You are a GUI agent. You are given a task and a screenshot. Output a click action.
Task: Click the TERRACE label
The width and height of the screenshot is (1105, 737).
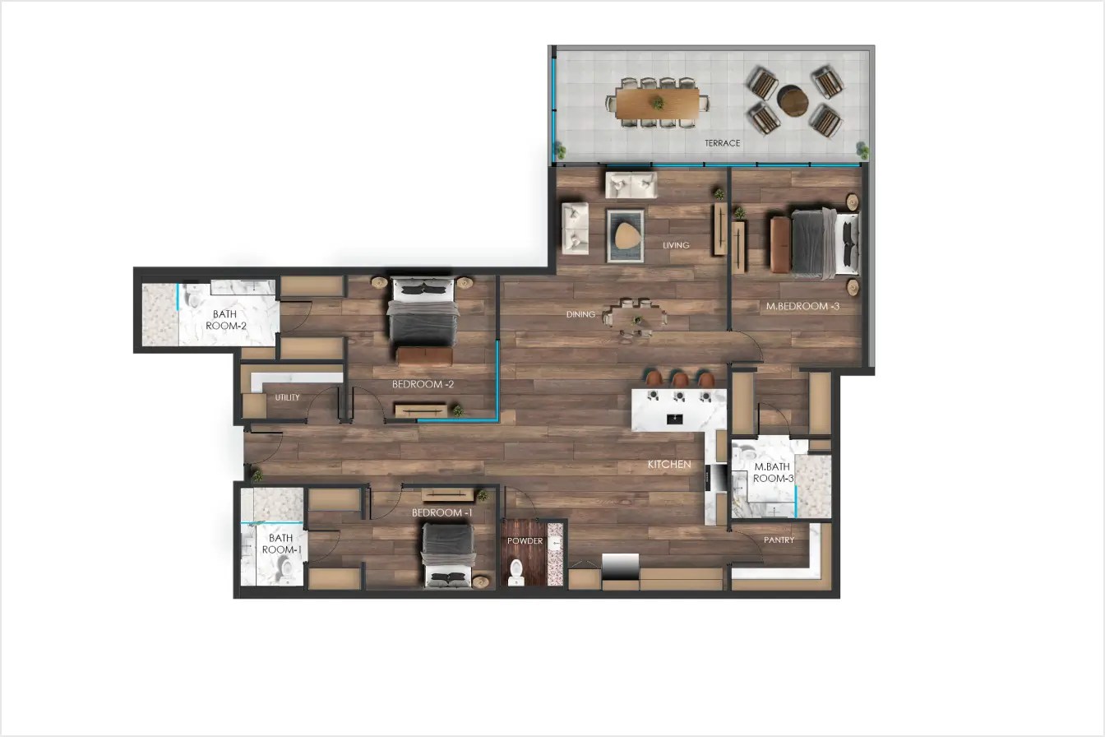click(x=722, y=143)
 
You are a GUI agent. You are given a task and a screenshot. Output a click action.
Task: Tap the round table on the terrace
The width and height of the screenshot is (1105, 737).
click(x=793, y=102)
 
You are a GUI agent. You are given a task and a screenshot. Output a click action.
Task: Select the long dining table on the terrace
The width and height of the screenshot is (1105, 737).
click(x=657, y=104)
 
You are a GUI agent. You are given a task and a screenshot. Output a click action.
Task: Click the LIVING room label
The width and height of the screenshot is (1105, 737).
click(x=677, y=245)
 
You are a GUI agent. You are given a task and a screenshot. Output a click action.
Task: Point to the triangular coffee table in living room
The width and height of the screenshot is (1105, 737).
click(x=626, y=235)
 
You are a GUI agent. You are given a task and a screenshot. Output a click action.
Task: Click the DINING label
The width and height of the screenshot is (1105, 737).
click(x=580, y=314)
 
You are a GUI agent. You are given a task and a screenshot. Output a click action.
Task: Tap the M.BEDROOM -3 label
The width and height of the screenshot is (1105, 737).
click(x=802, y=307)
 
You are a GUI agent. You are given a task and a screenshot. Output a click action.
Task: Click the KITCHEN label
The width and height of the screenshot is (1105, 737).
click(x=669, y=465)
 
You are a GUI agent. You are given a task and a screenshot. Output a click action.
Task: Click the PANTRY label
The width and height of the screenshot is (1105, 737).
click(x=779, y=540)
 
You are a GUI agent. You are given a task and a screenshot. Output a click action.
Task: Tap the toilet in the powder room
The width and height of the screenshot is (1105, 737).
click(x=517, y=570)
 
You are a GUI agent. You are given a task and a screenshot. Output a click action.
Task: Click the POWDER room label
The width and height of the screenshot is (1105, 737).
click(x=525, y=541)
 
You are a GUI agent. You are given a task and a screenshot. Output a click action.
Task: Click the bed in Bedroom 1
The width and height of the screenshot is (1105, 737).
click(x=448, y=555)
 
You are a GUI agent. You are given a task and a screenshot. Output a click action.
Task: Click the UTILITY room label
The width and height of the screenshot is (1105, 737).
click(x=287, y=397)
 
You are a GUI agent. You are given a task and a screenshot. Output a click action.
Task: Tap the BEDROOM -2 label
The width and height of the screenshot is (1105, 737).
click(x=423, y=384)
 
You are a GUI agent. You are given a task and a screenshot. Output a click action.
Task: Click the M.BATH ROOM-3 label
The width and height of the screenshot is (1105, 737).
click(x=774, y=473)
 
